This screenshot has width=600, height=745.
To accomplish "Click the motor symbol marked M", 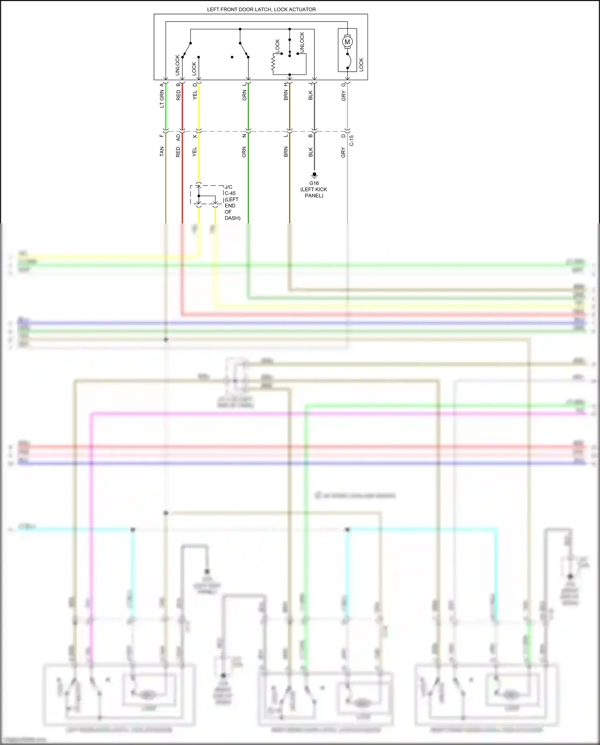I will click(347, 41).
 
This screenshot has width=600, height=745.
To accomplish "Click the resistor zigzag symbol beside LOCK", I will click(274, 63).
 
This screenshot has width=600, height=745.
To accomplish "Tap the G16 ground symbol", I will click(314, 175).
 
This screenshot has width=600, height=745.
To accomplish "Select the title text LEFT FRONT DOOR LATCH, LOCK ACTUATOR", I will click(261, 9).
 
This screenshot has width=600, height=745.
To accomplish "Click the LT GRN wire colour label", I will click(162, 99).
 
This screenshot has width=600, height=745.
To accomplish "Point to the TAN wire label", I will click(162, 151).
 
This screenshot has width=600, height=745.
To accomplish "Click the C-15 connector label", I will click(351, 140).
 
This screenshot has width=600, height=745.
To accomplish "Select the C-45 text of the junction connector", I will click(230, 193).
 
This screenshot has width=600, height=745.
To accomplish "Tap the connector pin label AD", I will click(178, 137).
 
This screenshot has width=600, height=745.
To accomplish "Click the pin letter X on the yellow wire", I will click(195, 137).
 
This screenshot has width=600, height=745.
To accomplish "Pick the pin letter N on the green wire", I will click(244, 136).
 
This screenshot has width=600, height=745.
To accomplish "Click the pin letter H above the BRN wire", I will click(286, 84).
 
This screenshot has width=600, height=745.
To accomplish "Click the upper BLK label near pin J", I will click(310, 95).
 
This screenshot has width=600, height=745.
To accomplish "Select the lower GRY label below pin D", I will click(343, 152).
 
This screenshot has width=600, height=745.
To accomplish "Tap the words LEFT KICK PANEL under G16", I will click(314, 193).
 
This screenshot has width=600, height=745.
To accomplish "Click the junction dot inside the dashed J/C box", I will click(199, 196).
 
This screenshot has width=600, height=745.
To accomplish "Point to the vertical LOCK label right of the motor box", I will click(361, 65).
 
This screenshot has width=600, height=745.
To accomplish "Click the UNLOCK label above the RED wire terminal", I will click(177, 65).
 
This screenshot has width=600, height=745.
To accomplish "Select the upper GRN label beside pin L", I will click(244, 95).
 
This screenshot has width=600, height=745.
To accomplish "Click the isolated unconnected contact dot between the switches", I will click(232, 57).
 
